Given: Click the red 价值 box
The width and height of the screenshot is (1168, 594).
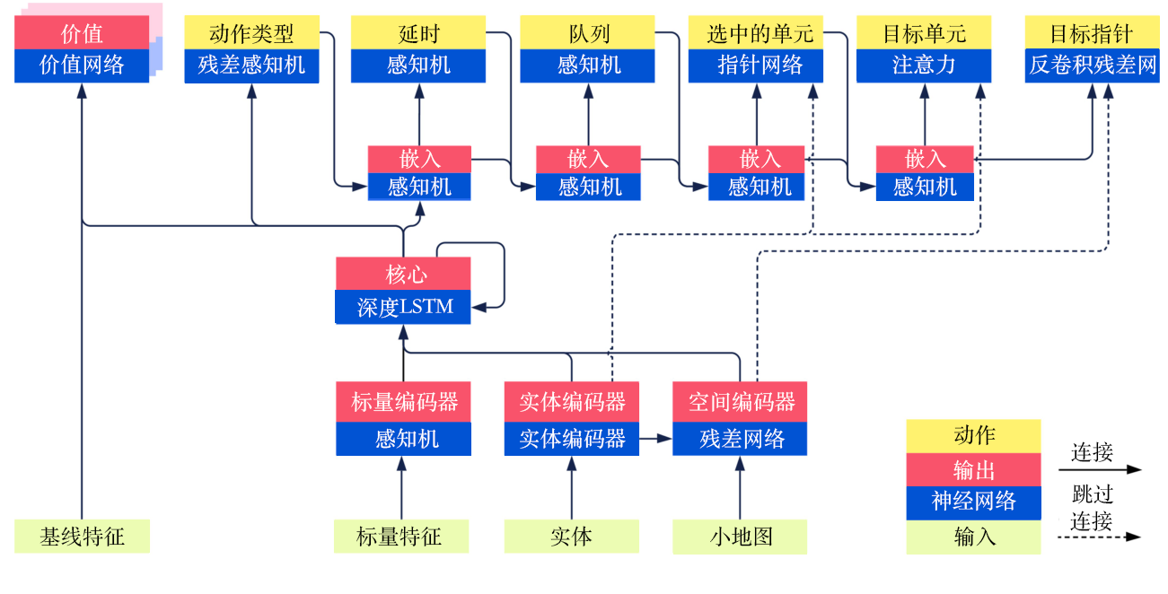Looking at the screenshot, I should (82, 34).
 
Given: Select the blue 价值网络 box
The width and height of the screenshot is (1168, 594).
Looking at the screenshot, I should (82, 65).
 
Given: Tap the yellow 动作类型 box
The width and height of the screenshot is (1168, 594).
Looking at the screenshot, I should (251, 34).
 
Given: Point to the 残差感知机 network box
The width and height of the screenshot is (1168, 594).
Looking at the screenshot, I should (251, 65).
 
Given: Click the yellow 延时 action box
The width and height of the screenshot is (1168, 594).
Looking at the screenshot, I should (419, 34).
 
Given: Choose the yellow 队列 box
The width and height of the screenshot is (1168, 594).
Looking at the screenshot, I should (588, 34).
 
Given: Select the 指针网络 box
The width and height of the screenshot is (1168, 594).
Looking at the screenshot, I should (756, 65).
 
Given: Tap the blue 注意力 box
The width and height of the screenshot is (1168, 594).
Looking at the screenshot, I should (924, 65).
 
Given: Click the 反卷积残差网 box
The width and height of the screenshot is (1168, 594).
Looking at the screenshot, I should (1093, 65).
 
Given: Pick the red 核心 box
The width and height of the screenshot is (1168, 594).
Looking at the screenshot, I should (403, 274).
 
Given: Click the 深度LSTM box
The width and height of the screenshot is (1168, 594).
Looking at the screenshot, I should (403, 307).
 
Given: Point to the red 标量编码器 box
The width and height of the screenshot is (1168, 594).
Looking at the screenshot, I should (403, 401).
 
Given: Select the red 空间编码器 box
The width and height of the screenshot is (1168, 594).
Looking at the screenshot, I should (740, 401).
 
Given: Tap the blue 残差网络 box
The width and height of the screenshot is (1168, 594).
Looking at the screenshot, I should (740, 439).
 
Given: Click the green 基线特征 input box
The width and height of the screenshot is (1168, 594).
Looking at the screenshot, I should (82, 537).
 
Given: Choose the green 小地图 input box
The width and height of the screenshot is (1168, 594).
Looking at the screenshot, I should (740, 537).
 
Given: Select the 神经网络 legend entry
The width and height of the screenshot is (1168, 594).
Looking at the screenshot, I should (973, 502).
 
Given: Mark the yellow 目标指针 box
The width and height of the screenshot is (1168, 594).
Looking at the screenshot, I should (1093, 34).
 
